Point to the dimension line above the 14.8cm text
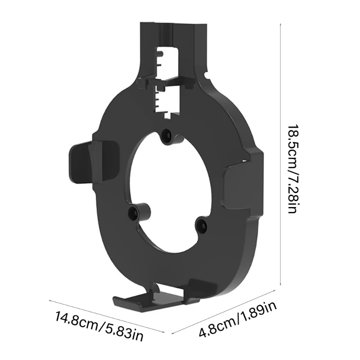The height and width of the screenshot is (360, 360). pos(108,315)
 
